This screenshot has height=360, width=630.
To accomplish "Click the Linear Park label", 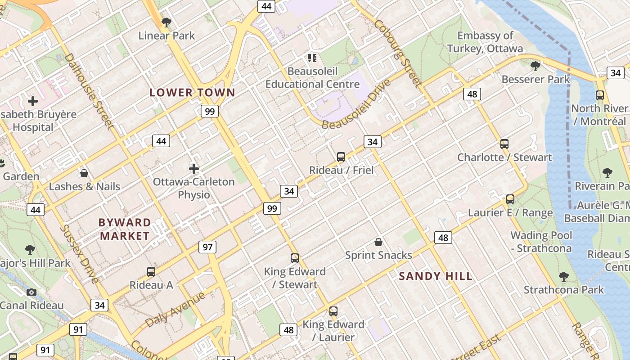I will tap(166, 36).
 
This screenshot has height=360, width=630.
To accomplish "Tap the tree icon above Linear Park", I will tap(166, 22).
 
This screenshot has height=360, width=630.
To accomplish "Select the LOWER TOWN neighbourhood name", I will tap(192, 93).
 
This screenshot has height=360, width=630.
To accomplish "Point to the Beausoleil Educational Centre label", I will tap(312, 78).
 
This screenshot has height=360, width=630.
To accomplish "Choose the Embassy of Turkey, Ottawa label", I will tap(485, 42).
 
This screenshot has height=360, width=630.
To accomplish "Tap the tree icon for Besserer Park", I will tap(535, 66).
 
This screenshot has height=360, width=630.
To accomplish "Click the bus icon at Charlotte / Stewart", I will tap(504, 144).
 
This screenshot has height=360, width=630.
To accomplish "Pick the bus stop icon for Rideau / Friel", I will tap(341, 157).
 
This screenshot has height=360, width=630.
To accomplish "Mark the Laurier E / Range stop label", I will tap(510, 212).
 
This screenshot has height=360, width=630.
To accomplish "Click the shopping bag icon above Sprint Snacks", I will tap(378, 242).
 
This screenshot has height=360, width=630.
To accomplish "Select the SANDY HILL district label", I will tap(436, 276).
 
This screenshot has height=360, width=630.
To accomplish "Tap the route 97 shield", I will tap(207, 247).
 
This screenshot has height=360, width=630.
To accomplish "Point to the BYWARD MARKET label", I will tap(125, 229).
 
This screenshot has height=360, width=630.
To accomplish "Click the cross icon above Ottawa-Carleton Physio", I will tap(194, 169).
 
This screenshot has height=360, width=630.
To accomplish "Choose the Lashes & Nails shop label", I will tap(85, 186).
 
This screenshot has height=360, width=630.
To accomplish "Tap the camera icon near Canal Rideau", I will tap(31, 292).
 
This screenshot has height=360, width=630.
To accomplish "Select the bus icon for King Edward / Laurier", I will tap(333, 311).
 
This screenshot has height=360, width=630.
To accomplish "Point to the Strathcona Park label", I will tap(563, 290).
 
